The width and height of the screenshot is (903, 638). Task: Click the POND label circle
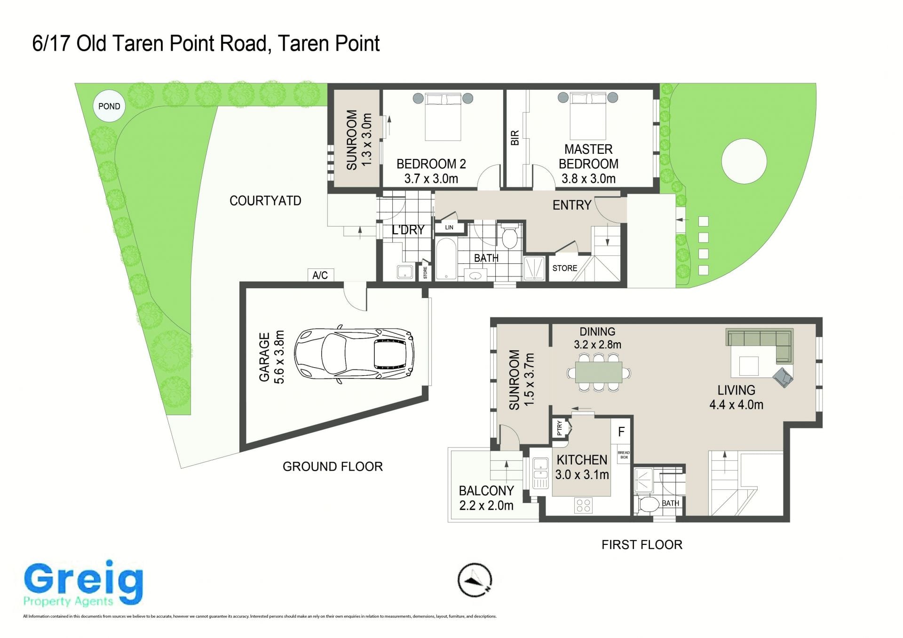pos(109,106)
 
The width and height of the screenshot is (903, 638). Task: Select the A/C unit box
pos(320,275)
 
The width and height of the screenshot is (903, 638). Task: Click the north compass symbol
pos(475,580)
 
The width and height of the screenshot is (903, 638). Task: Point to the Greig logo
pos(83,583)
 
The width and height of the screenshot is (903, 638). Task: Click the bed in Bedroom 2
pos(443,116)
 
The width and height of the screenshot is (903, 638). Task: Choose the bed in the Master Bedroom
pos(588,116)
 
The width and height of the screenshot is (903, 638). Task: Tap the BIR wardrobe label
pos(515,138)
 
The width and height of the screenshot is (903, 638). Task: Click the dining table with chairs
pos(599,372)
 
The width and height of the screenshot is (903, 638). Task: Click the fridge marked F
pos(621,432)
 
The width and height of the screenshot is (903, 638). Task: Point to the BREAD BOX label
pos(624,455)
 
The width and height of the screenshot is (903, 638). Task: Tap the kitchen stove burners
pos(583,505)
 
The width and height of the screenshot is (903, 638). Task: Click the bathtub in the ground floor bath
pos(446,259)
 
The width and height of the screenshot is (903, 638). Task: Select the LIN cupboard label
pos(449,228)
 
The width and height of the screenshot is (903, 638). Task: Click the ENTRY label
pos(571,205)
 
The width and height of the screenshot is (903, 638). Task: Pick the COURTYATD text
pos(265,201)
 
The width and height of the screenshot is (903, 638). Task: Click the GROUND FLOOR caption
pos(333,466)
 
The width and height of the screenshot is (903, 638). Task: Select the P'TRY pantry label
pos(559,427)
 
